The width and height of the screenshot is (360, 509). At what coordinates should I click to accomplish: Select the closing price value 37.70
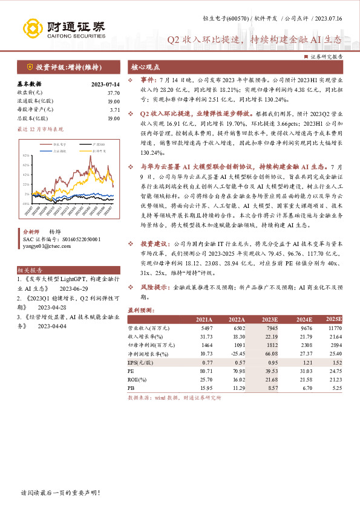(x=113, y=92)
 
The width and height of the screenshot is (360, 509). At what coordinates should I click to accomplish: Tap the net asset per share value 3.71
(x=115, y=110)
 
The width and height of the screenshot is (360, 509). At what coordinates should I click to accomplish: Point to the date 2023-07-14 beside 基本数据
(x=105, y=85)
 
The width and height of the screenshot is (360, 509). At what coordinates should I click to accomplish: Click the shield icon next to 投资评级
(x=29, y=66)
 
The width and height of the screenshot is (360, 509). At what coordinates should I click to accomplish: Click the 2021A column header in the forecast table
(x=203, y=319)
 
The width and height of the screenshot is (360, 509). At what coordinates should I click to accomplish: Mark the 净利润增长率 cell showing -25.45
(x=236, y=352)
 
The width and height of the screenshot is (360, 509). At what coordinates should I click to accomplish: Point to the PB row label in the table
(x=131, y=386)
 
